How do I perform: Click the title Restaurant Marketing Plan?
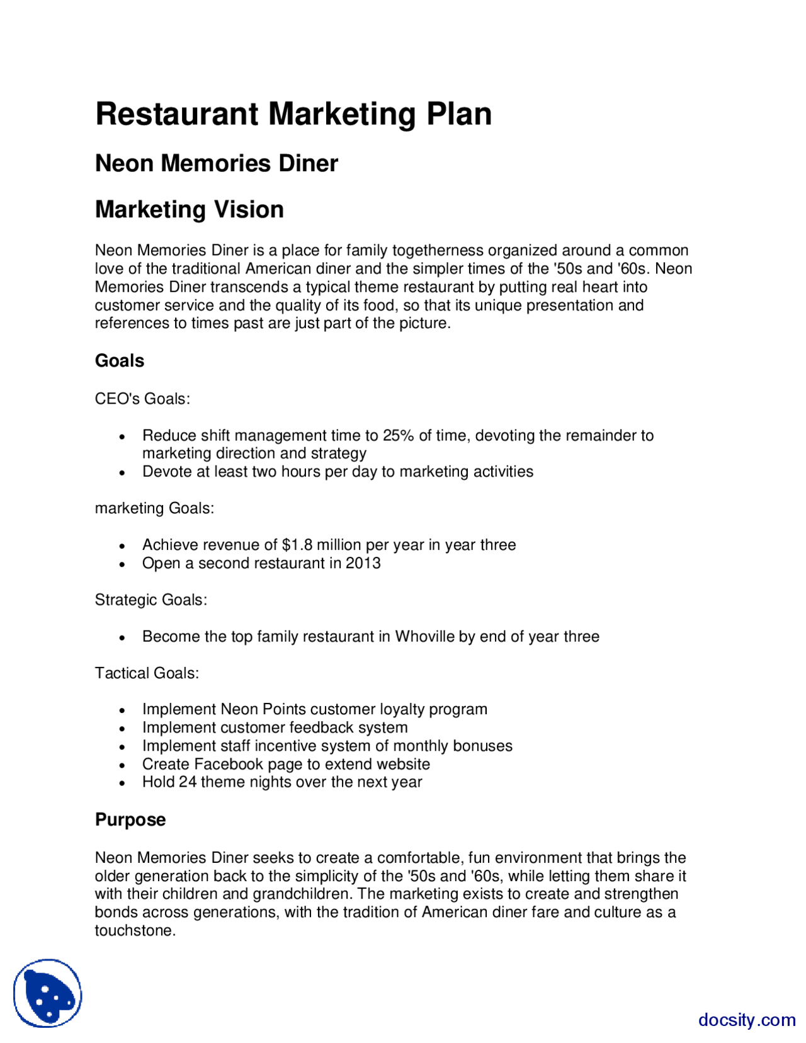click(293, 114)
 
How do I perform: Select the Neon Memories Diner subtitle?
click(216, 164)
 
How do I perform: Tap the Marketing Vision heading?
click(189, 210)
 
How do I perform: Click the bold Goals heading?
click(120, 361)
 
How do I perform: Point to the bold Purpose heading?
click(130, 819)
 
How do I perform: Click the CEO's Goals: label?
click(142, 399)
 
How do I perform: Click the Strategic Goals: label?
click(151, 600)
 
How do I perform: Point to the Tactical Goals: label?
click(147, 673)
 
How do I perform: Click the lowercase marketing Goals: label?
click(154, 508)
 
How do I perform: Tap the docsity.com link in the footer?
click(746, 1020)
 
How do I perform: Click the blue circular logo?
click(48, 993)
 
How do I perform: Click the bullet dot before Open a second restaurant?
click(123, 565)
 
